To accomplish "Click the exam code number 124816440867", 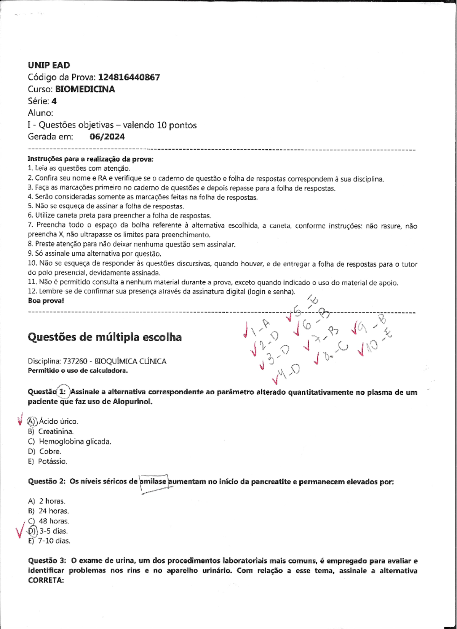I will [129, 77].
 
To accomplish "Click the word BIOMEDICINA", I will [85, 89].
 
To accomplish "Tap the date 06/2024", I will [107, 137].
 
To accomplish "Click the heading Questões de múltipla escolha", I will [105, 337].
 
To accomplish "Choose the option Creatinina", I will [56, 432].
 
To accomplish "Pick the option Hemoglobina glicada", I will [75, 442].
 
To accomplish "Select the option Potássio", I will [53, 461].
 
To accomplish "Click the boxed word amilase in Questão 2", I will [153, 482].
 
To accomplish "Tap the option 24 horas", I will [54, 511].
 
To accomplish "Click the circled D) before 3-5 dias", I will [32, 531].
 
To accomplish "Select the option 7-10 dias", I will [54, 541].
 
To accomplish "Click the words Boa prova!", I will [46, 301].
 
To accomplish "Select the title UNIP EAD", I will [49, 65].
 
